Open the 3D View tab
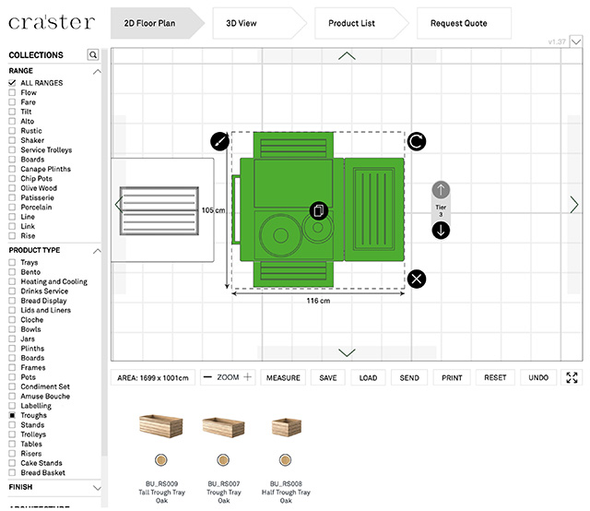coord(242,23)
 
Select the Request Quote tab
coord(458,23)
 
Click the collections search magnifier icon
coord(93,55)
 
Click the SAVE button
coord(328,378)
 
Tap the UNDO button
coord(538,378)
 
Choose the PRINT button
coord(452,378)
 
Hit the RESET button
coord(495,378)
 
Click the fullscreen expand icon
coord(572,378)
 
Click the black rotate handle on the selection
coord(417,141)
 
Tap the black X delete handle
coord(417,279)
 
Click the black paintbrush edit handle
coord(219,141)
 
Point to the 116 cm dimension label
coord(319,301)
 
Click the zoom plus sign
coord(247,377)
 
